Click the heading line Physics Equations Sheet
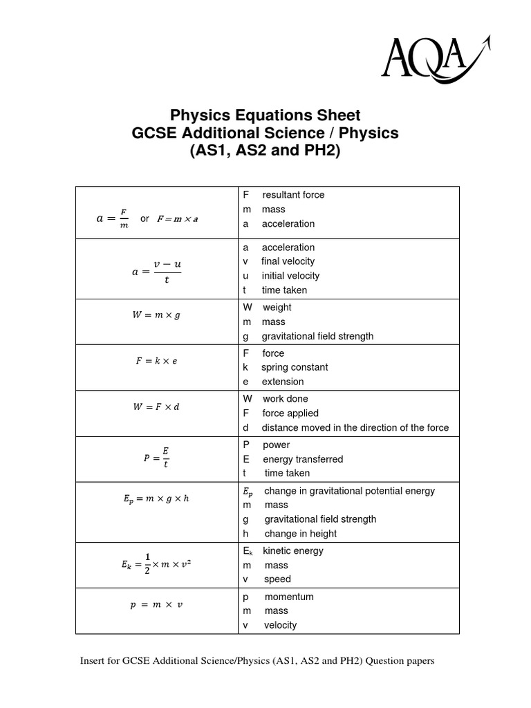265,115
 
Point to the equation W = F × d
156,407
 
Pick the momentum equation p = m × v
156,605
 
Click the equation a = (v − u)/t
156,272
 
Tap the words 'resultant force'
293,195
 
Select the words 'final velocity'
288,261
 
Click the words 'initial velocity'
290,276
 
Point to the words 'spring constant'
295,367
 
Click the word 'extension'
283,382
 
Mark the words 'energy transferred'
303,459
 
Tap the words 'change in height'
300,534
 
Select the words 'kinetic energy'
293,551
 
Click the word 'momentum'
288,597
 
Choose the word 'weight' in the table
277,307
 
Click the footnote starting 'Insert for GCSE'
257,661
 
